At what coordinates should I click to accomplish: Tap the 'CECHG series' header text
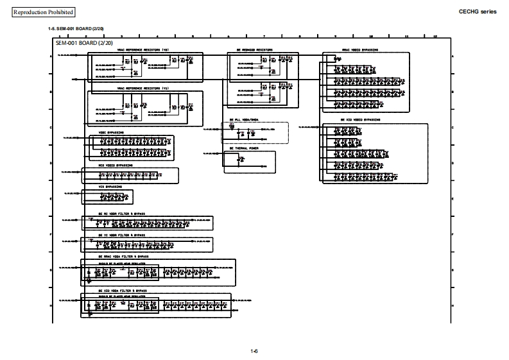pyautogui.click(x=477, y=12)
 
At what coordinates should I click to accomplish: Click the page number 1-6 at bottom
pyautogui.click(x=254, y=350)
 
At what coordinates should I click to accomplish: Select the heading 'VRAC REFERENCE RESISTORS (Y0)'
pyautogui.click(x=142, y=50)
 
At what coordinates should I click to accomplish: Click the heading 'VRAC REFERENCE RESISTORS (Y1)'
pyautogui.click(x=142, y=89)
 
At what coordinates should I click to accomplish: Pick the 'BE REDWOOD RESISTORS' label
pyautogui.click(x=254, y=50)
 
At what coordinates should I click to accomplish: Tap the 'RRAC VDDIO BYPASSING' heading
pyautogui.click(x=359, y=50)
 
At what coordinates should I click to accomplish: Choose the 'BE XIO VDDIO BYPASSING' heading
pyautogui.click(x=360, y=119)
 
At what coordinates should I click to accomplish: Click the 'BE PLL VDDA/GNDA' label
pyautogui.click(x=244, y=120)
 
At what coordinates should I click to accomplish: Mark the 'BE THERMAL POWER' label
pyautogui.click(x=245, y=148)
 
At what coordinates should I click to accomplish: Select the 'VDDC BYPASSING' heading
pyautogui.click(x=111, y=133)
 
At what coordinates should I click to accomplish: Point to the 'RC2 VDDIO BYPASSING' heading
pyautogui.click(x=116, y=165)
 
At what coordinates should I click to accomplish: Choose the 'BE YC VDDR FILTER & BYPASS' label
pyautogui.click(x=121, y=235)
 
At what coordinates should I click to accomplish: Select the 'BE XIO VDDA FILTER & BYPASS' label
pyautogui.click(x=123, y=290)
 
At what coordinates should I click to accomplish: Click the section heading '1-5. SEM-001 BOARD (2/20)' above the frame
pyautogui.click(x=75, y=30)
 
